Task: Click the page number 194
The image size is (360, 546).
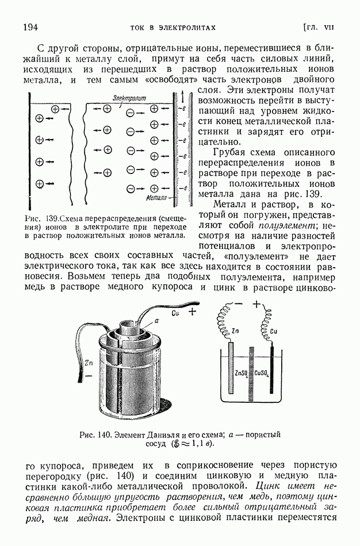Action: click(x=30, y=27)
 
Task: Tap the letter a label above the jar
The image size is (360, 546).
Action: click(x=156, y=325)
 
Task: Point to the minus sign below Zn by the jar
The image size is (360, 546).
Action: click(x=89, y=375)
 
